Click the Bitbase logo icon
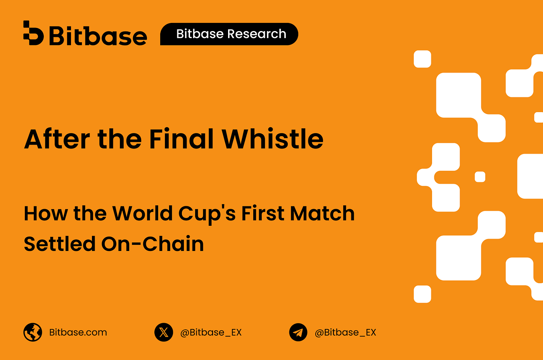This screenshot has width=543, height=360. click(33, 33)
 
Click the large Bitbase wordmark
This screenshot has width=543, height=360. click(98, 36)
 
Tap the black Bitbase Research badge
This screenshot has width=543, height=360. click(229, 34)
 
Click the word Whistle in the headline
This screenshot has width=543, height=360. click(272, 138)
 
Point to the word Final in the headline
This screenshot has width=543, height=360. click(182, 138)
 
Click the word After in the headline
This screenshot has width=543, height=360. click(57, 139)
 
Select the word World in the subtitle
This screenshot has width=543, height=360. click(143, 213)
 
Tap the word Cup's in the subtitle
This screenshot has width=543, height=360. click(207, 215)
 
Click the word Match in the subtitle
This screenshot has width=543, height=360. click(322, 213)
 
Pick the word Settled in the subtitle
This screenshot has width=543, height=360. click(60, 244)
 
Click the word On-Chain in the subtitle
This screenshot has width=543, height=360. click(152, 244)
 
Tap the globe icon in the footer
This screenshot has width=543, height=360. click(33, 332)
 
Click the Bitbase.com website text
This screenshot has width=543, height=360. click(78, 332)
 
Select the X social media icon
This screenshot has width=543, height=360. click(164, 332)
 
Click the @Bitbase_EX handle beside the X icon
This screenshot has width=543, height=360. click(211, 332)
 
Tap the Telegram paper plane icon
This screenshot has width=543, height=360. click(298, 332)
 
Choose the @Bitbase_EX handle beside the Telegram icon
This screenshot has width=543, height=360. click(345, 332)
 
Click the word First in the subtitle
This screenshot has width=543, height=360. click(263, 213)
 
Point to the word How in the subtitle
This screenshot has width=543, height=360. click(46, 213)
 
